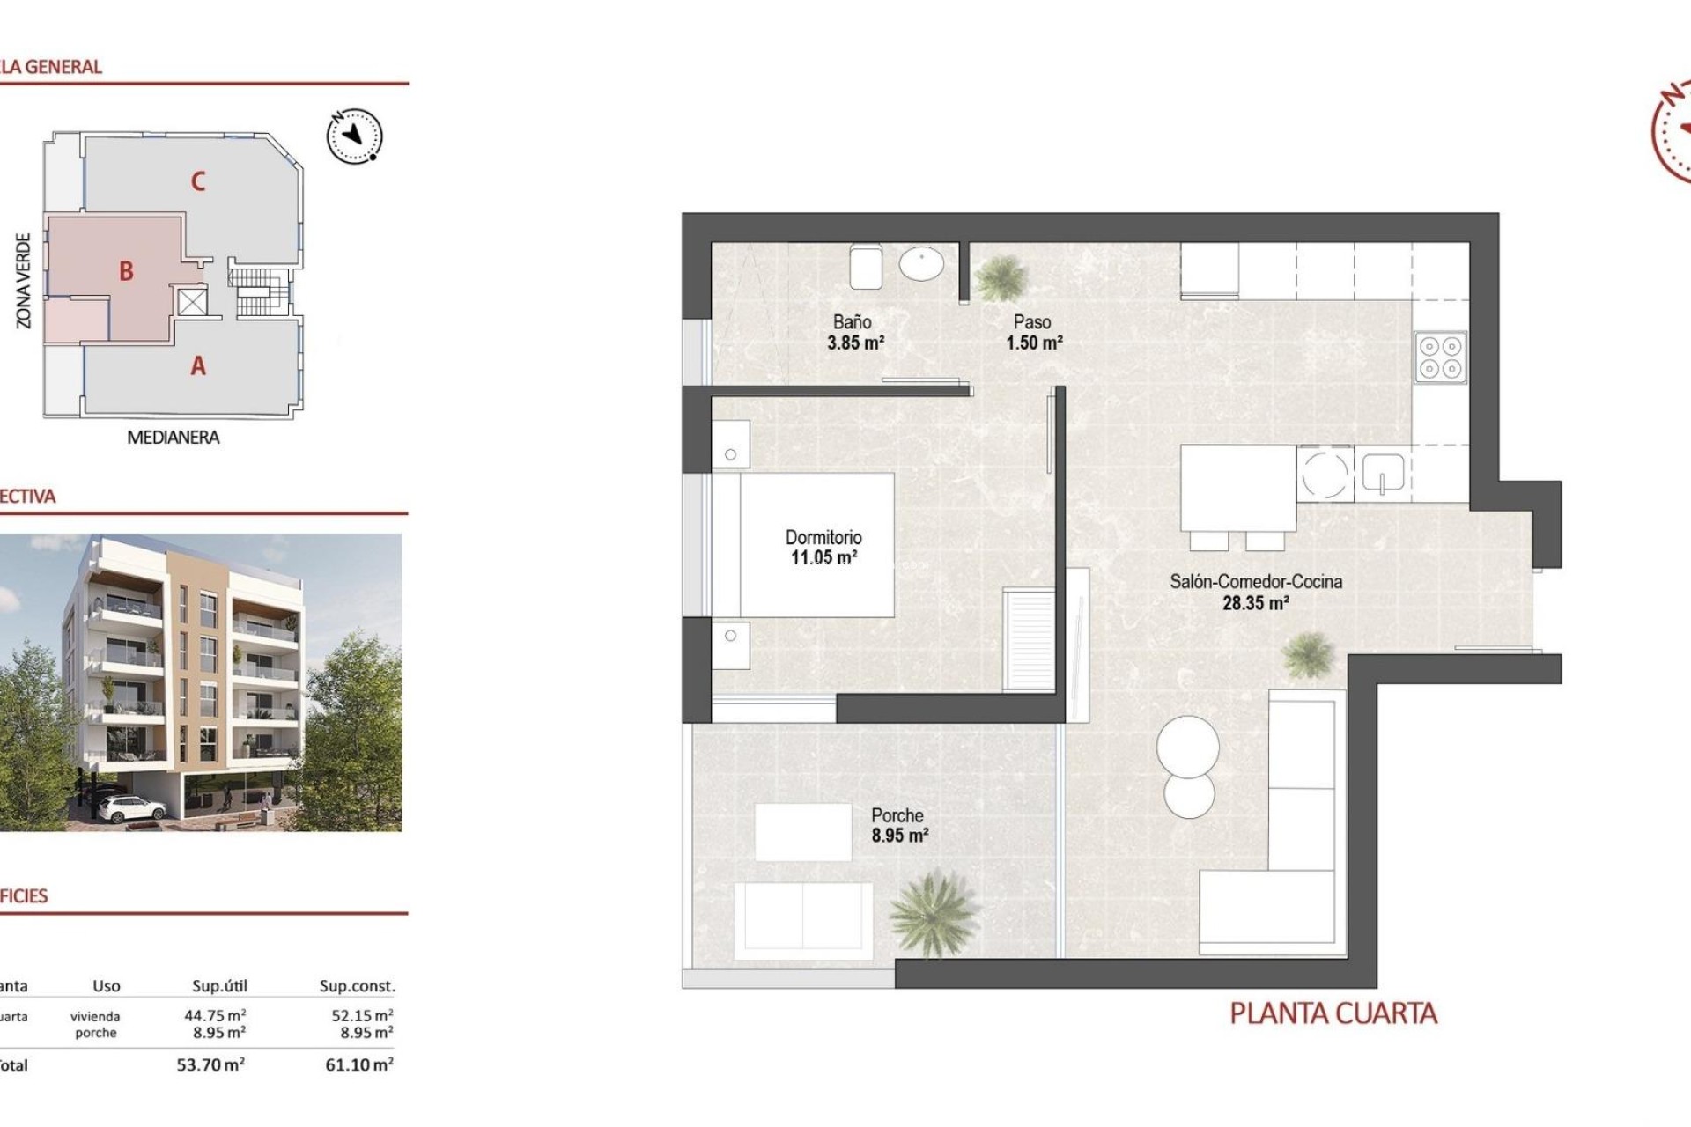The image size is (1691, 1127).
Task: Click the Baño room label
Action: [852, 322]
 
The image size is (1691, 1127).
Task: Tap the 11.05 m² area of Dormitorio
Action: [823, 557]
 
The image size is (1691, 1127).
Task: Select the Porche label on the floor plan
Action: [897, 815]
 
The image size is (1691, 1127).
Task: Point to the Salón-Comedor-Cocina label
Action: [1256, 581]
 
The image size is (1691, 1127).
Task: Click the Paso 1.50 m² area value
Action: [1034, 343]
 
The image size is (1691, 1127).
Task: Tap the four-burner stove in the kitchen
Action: [1440, 357]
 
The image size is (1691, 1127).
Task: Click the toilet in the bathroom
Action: [866, 266]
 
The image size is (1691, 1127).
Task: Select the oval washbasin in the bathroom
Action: [921, 263]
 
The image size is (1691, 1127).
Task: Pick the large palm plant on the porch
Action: [932, 912]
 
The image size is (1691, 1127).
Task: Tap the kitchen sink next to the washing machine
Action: [1383, 474]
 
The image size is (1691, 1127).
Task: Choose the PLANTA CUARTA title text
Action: [1333, 1013]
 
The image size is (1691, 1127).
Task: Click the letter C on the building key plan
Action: [198, 181]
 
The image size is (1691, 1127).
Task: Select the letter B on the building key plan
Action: [126, 271]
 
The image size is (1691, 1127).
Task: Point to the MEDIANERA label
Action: [173, 437]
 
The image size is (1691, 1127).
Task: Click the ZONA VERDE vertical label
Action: [24, 281]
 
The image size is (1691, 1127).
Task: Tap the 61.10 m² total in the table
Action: [358, 1064]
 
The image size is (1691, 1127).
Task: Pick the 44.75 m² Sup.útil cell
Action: [214, 1015]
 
